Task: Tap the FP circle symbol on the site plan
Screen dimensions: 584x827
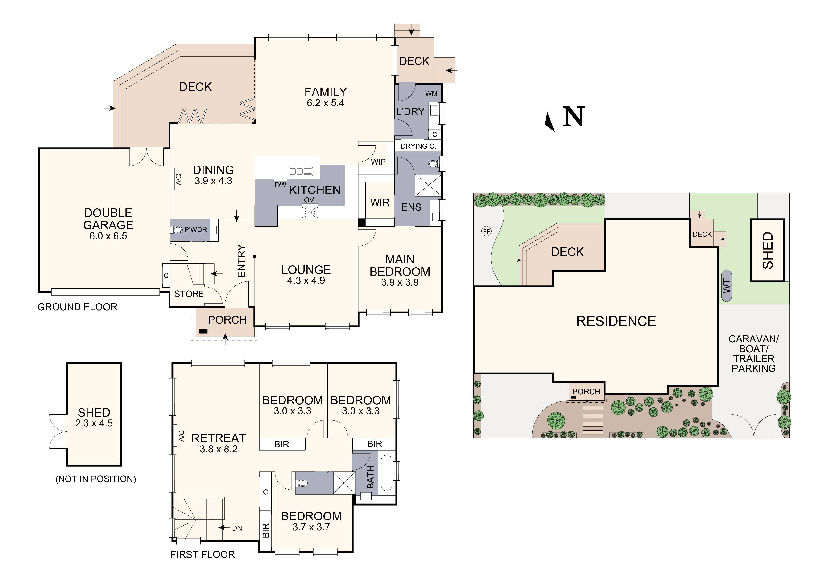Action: [x=486, y=231]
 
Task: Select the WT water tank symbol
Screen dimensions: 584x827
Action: [x=727, y=286]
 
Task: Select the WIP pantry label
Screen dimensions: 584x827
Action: [x=378, y=162]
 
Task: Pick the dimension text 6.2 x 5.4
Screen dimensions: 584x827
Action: [x=325, y=103]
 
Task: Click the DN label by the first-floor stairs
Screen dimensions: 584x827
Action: [x=237, y=528]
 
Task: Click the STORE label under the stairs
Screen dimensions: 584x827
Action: [x=189, y=294]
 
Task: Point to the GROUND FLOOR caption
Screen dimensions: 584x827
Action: [x=77, y=307]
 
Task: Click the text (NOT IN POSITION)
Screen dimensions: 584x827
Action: [x=95, y=479]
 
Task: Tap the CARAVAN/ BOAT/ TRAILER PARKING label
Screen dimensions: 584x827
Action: [x=753, y=354]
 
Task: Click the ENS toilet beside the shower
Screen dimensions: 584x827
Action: [x=433, y=164]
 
